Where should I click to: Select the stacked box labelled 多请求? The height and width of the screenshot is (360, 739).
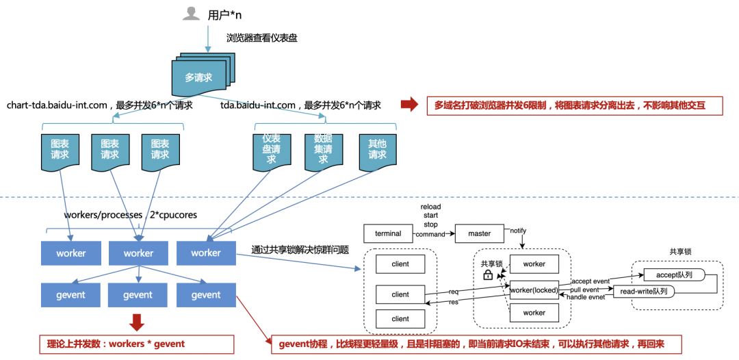pyautogui.click(x=198, y=77)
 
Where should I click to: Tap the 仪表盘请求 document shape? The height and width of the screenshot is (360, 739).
pyautogui.click(x=272, y=150)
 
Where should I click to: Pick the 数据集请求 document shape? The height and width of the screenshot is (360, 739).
pyautogui.click(x=323, y=150)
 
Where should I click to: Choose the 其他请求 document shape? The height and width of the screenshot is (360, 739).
pyautogui.click(x=377, y=150)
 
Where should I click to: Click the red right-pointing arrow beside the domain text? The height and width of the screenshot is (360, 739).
pyautogui.click(x=409, y=105)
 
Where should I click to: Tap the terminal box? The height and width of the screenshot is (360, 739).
pyautogui.click(x=388, y=233)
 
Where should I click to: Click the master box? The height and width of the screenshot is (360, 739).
pyautogui.click(x=479, y=233)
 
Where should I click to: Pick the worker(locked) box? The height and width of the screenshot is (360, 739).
pyautogui.click(x=534, y=288)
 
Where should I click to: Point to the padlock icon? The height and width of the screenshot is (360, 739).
pyautogui.click(x=488, y=274)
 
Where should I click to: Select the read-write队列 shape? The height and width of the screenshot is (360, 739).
pyautogui.click(x=643, y=292)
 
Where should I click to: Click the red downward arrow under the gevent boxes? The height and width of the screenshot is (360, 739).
pyautogui.click(x=137, y=322)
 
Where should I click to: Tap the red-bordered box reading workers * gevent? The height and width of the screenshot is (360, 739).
pyautogui.click(x=136, y=344)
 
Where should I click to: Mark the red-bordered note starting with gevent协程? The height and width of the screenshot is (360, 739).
pyautogui.click(x=471, y=344)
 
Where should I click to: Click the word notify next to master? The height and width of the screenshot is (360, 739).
pyautogui.click(x=518, y=231)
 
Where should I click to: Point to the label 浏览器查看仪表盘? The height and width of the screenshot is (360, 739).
pyautogui.click(x=262, y=38)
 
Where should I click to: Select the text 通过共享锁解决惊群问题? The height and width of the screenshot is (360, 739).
pyautogui.click(x=300, y=250)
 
